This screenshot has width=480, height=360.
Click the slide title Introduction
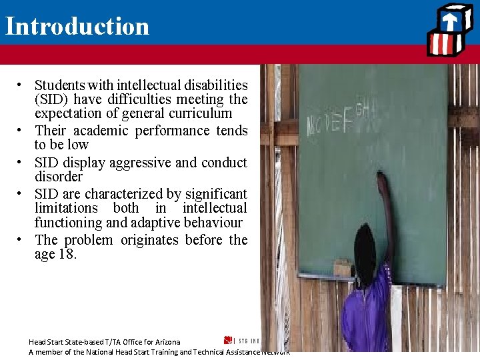[x=77, y=26]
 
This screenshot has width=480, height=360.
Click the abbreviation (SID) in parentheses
[x=53, y=99]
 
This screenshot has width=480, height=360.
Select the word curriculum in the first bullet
[x=192, y=113]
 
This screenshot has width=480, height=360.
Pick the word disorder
[x=59, y=177]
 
